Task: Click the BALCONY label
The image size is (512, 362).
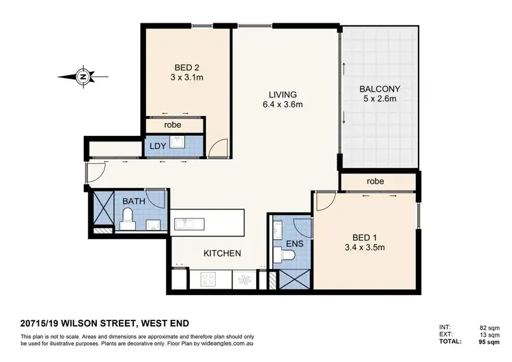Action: point(380,89)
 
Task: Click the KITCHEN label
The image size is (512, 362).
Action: point(223,253)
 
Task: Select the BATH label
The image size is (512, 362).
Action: point(132,201)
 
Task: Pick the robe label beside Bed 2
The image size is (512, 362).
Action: point(171,125)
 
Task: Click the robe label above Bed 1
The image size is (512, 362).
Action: point(375,182)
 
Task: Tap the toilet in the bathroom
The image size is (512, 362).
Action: point(126,219)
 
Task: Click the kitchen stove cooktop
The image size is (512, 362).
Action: point(208,279)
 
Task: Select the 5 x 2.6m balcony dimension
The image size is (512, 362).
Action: point(380,100)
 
